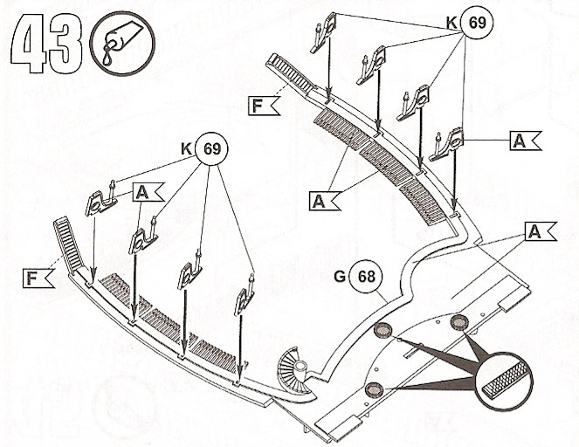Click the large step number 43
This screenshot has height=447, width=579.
(x=46, y=44)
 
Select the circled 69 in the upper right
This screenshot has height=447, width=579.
(x=477, y=23)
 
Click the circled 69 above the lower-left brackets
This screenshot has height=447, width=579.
(x=212, y=148)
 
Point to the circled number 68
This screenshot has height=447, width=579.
(x=366, y=277)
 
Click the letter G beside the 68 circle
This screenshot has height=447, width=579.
(x=340, y=276)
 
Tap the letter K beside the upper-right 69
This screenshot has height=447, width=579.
(x=451, y=23)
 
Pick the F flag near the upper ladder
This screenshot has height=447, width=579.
(x=263, y=106)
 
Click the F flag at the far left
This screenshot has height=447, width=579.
(x=38, y=278)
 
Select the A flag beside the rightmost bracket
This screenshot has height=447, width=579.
(x=526, y=141)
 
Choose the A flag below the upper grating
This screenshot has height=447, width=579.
(x=325, y=201)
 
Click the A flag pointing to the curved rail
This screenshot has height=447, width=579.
(x=541, y=231)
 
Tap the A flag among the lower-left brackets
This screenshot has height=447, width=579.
(x=148, y=192)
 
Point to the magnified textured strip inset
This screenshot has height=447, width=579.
(x=503, y=381)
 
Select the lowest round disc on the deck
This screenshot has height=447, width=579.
(x=374, y=389)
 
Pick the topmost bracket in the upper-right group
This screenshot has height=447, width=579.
(x=323, y=32)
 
